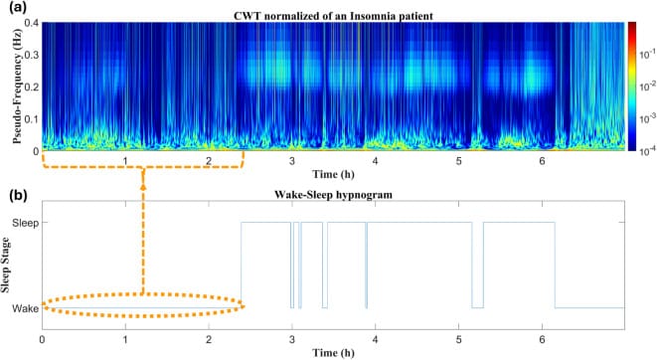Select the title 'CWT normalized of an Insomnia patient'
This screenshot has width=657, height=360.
(333, 11)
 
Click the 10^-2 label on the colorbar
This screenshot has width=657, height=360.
(645, 87)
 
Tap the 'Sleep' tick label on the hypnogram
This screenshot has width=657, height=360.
(24, 224)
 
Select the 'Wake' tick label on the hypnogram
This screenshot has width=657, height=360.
(25, 308)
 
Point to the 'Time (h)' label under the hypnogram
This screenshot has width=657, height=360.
(333, 352)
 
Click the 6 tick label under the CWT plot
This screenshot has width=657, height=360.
(542, 161)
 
